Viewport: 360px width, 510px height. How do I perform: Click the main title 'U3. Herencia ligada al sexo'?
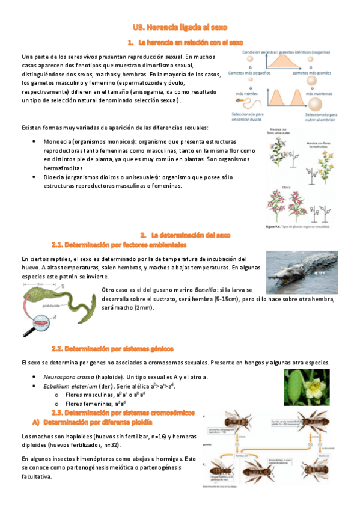tap(180, 28)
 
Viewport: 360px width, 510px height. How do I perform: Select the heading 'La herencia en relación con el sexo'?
tap(191, 43)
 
